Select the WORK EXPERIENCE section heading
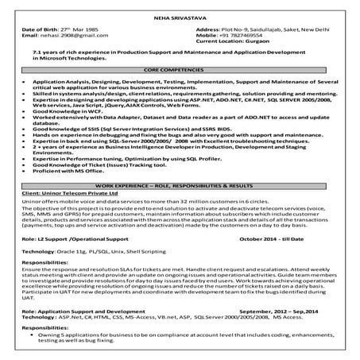click(180, 185)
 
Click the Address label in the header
click(210, 28)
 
